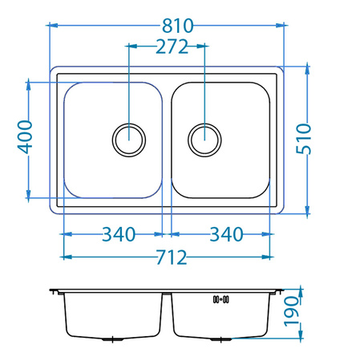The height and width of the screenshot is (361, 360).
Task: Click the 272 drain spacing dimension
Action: tap(167, 47)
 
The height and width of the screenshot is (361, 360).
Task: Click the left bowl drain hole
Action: tap(129, 140)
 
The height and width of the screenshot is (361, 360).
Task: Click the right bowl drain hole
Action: tap(204, 140)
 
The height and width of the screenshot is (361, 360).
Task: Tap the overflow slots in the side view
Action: tap(221, 300)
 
